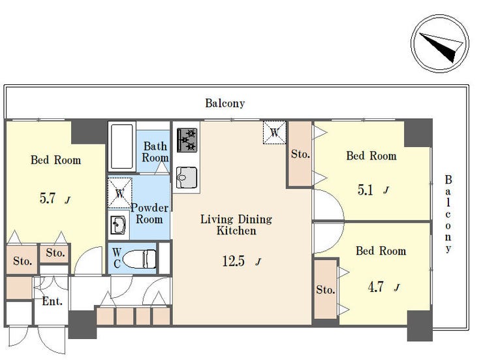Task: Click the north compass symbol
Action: click(439, 44)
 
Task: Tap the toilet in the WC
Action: click(140, 259)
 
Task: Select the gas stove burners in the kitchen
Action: click(187, 140)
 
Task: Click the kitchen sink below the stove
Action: click(187, 178)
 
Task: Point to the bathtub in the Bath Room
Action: click(122, 147)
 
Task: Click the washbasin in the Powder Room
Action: click(118, 225)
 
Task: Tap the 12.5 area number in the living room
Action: click(233, 261)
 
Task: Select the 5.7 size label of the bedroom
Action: click(48, 198)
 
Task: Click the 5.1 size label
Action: click(366, 190)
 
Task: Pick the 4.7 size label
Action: click(375, 287)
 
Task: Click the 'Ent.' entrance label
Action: click(52, 301)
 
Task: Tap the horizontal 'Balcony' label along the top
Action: click(225, 103)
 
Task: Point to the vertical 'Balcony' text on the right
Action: click(448, 214)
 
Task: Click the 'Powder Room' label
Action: click(149, 213)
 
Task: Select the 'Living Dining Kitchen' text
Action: click(236, 225)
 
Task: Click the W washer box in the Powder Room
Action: click(120, 193)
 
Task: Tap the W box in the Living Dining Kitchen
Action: click(274, 133)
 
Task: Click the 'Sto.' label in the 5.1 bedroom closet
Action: click(300, 154)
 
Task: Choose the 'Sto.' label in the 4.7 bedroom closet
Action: click(326, 289)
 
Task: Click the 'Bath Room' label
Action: click(155, 152)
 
